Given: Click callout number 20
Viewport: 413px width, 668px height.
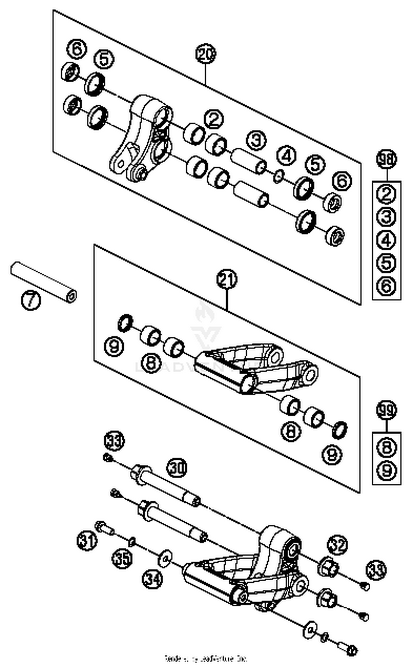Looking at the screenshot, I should [x=206, y=54].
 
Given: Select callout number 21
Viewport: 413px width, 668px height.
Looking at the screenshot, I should [x=227, y=279].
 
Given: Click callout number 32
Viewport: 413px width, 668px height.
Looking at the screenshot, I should [x=337, y=544].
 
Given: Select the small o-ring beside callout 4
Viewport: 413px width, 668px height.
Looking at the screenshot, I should [x=279, y=176].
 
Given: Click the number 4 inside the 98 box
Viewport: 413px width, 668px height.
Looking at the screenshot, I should [x=387, y=240].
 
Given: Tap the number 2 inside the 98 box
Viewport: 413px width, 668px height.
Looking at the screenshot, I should [x=387, y=194].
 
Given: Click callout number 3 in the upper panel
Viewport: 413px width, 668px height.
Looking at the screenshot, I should [x=256, y=140].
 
